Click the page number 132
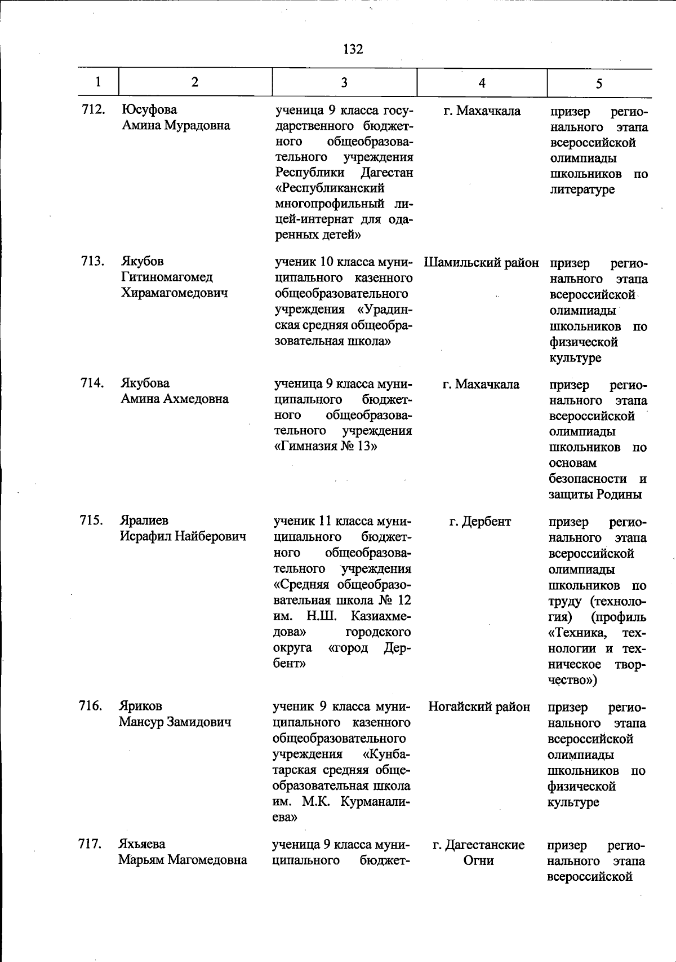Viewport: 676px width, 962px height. tap(353, 49)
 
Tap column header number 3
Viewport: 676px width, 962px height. tap(344, 82)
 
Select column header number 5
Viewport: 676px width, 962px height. tap(599, 83)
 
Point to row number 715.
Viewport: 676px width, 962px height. tap(91, 520)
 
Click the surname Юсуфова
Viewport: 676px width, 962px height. tap(149, 109)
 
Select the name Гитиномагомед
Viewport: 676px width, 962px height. tap(167, 277)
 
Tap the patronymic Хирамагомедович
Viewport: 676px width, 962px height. tap(175, 293)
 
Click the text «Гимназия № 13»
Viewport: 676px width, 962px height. tap(325, 446)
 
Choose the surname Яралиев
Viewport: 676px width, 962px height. tap(144, 520)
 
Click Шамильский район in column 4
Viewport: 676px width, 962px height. tap(481, 263)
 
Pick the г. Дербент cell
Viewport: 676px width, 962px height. tap(480, 522)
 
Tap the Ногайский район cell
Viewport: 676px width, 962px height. tap(479, 707)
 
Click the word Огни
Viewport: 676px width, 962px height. tap(478, 860)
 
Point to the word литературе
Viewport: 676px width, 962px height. tap(582, 189)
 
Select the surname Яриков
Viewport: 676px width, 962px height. tap(140, 706)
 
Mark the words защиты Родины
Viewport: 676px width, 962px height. tap(595, 495)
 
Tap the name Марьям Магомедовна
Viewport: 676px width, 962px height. tap(183, 860)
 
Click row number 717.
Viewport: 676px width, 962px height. tap(90, 844)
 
